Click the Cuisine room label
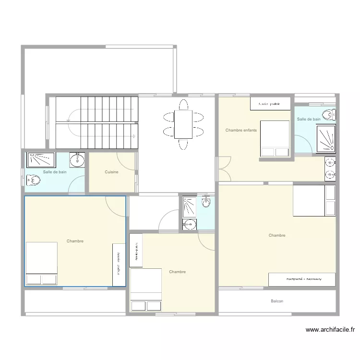click(x=111, y=172)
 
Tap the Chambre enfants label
click(x=241, y=130)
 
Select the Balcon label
click(x=277, y=301)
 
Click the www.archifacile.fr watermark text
click(x=330, y=330)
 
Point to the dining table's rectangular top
click(x=183, y=124)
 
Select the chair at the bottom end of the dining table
click(x=183, y=144)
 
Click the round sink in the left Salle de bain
click(x=77, y=160)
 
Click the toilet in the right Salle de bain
click(x=329, y=115)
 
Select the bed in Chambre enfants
click(x=275, y=139)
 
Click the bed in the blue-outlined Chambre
click(x=41, y=264)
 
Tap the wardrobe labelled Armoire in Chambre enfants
click(x=270, y=104)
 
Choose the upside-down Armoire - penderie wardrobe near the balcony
click(x=301, y=279)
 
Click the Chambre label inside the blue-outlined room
click(x=75, y=241)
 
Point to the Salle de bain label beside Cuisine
click(x=55, y=172)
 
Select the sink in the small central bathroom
click(x=190, y=224)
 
